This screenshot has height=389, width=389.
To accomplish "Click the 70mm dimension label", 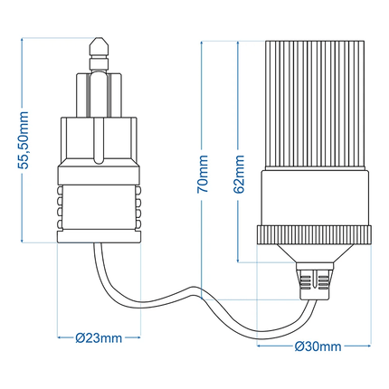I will click(x=204, y=172).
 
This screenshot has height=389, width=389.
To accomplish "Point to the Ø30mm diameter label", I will click(x=317, y=346).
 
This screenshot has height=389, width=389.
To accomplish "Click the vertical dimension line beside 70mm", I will click(x=204, y=109).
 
